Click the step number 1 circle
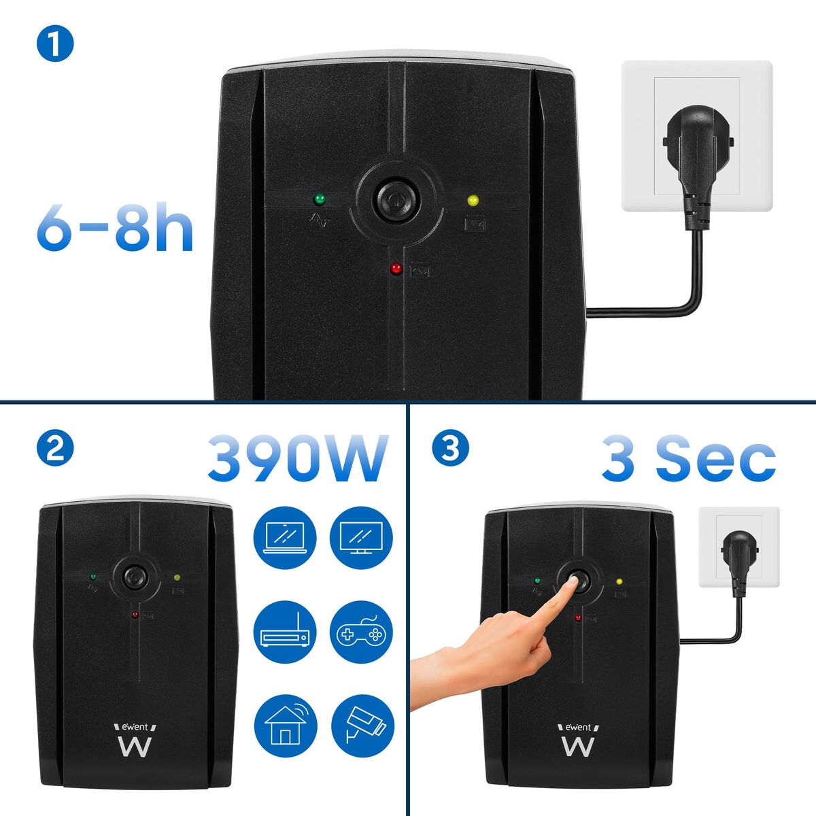click(x=55, y=44)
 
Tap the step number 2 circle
click(x=55, y=449)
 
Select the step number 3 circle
click(x=449, y=449)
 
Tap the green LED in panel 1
click(x=318, y=199)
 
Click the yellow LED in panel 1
click(x=473, y=201)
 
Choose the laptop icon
click(x=285, y=538)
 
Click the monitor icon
click(x=361, y=538)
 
